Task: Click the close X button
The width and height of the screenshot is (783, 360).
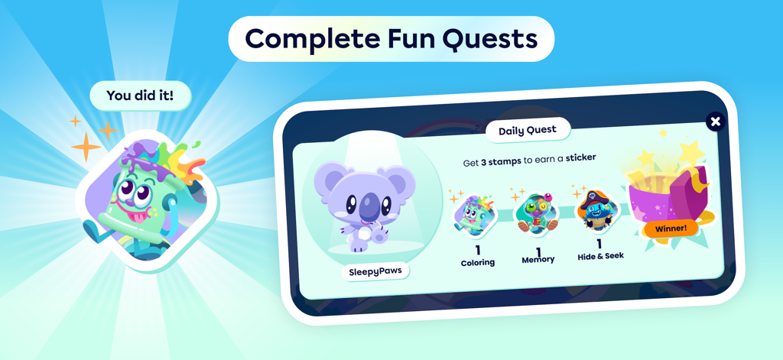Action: [715, 122]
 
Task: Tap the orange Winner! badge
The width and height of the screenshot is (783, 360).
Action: [671, 228]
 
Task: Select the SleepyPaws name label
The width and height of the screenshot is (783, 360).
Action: [375, 271]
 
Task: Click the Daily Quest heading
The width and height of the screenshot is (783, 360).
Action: [528, 130]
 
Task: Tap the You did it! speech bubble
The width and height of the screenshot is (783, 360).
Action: [139, 96]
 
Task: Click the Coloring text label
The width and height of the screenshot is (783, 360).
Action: [478, 262]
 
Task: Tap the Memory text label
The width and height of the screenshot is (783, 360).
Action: [538, 260]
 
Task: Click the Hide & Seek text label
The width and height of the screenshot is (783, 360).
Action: [601, 256]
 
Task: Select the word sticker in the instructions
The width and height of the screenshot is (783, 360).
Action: [581, 158]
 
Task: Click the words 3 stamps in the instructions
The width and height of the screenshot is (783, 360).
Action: [501, 162]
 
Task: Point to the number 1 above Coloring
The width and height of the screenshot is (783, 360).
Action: [478, 250]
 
